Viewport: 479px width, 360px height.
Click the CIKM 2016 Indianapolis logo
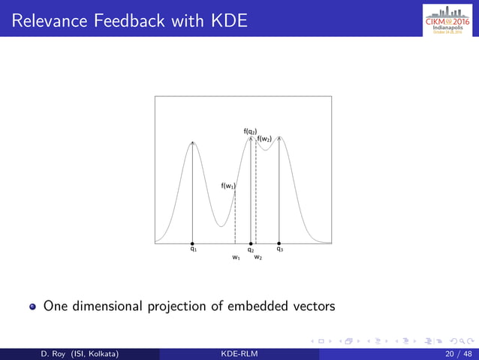point(449,18)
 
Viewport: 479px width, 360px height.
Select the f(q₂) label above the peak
point(250,131)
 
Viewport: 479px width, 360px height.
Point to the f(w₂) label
point(264,139)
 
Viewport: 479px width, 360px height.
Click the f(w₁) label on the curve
point(228,186)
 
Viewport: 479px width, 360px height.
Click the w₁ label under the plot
point(236,258)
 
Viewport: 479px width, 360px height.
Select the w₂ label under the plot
point(258,258)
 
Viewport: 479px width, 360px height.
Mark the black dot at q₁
point(193,244)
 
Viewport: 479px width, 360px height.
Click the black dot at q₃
point(279,244)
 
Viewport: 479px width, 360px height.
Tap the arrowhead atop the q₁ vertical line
point(193,143)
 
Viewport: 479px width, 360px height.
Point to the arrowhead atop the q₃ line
point(279,139)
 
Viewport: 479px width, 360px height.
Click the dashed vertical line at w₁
point(236,218)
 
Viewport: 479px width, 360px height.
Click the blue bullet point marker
point(33,307)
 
